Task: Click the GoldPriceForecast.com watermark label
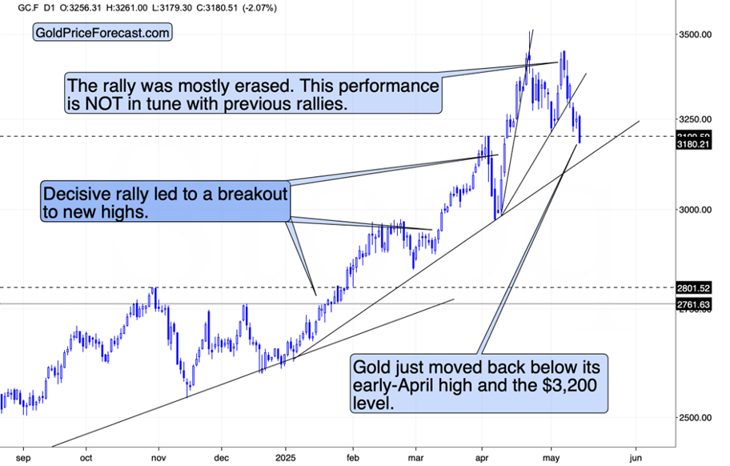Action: point(102,33)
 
